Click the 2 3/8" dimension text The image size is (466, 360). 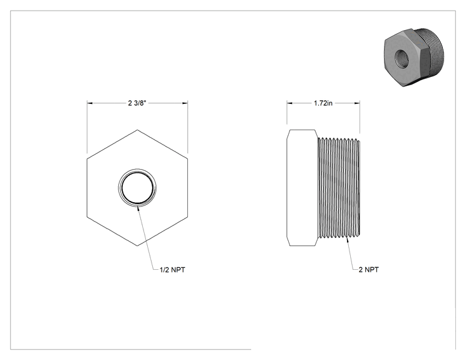(137, 103)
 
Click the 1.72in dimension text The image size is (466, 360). (323, 103)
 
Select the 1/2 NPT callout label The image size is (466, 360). (172, 270)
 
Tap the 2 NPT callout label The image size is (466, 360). (369, 269)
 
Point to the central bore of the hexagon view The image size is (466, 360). (137, 188)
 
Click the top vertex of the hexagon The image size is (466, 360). (137, 130)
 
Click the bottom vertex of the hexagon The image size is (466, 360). (137, 245)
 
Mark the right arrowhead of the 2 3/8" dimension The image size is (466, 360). (185, 103)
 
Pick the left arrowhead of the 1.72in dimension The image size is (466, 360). (290, 103)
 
